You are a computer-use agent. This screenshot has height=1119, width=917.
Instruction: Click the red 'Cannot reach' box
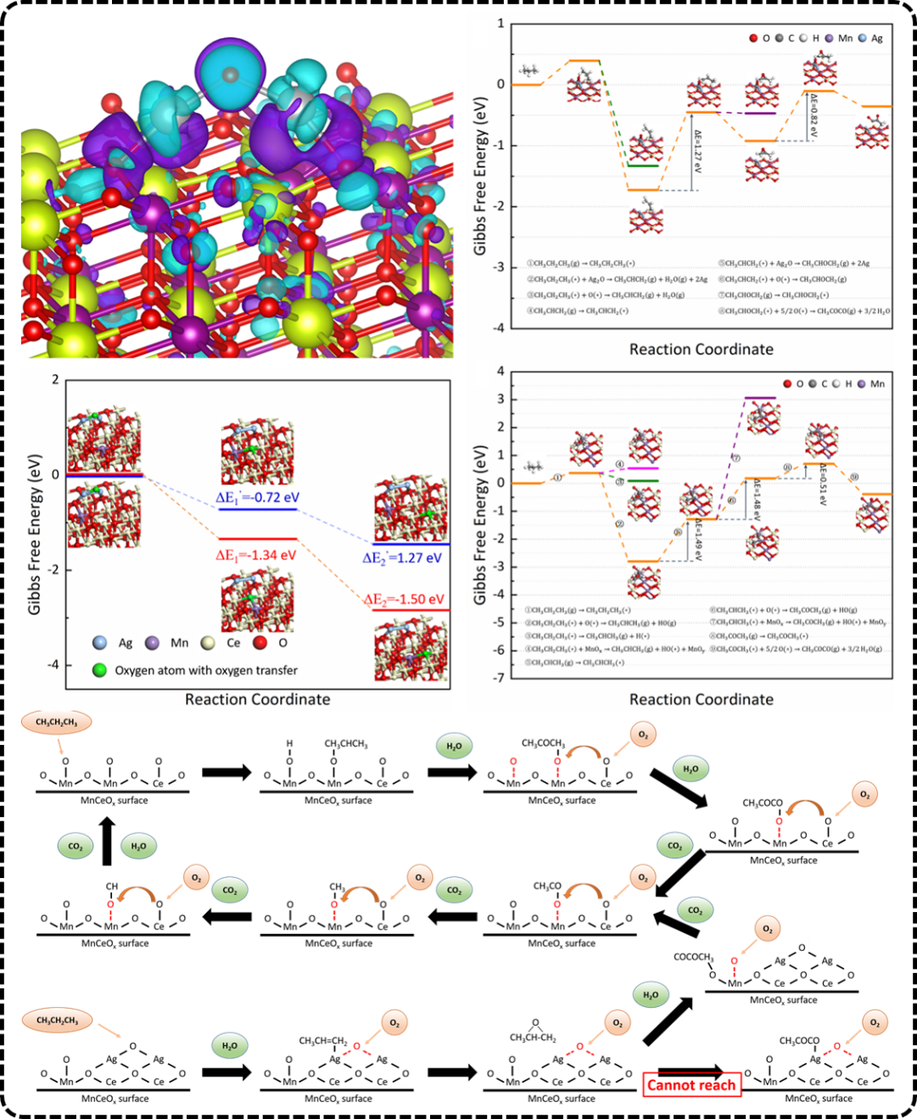pos(691,1085)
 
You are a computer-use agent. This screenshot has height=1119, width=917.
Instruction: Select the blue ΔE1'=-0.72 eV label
pos(257,498)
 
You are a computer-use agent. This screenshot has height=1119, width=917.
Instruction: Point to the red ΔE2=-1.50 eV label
pos(404,600)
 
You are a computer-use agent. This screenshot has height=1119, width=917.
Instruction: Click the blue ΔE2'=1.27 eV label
pos(402,558)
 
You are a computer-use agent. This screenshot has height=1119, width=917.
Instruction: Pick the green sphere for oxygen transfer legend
pos(100,670)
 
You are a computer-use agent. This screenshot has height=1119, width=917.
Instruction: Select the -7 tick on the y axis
pos(500,678)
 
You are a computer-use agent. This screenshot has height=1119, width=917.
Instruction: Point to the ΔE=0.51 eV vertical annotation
pos(823,484)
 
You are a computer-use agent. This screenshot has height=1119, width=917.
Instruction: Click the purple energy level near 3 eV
pos(760,398)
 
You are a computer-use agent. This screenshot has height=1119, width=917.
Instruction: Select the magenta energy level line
pos(643,468)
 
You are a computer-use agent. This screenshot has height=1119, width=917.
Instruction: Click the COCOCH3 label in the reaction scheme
pos(693,957)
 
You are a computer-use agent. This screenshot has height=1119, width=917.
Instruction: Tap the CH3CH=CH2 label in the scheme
pos(323,1041)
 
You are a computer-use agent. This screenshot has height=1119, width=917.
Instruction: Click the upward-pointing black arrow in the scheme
pos(107,841)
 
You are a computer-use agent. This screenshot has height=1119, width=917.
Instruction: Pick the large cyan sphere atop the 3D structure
pos(230,75)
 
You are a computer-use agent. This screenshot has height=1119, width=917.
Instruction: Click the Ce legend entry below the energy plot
pos(223,643)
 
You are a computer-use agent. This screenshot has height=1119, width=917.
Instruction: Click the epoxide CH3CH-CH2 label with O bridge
pos(533,1037)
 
